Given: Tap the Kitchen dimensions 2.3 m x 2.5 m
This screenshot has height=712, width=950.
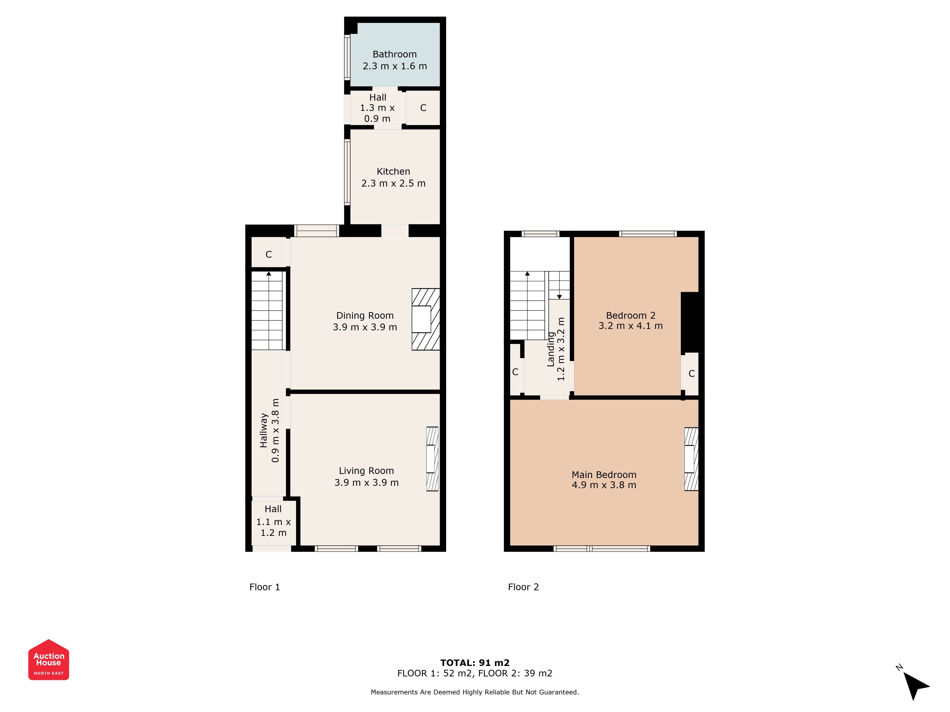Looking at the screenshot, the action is point(393,183).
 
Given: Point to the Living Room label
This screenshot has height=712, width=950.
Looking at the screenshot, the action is point(366,471).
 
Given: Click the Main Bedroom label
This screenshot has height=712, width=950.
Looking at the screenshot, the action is point(604,475).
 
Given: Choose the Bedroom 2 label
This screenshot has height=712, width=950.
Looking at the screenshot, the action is point(631,315).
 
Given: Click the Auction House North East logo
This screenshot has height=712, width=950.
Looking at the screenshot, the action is point(48,660).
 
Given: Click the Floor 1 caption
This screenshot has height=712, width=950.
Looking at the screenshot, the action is point(265,587).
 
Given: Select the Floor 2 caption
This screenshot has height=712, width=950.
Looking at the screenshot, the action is point(523,587).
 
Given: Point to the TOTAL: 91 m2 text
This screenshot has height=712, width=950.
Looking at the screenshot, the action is point(475,663).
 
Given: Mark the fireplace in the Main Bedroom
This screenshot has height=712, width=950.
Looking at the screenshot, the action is point(691,459).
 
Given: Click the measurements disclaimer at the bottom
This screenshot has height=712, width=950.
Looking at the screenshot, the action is point(475,692).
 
